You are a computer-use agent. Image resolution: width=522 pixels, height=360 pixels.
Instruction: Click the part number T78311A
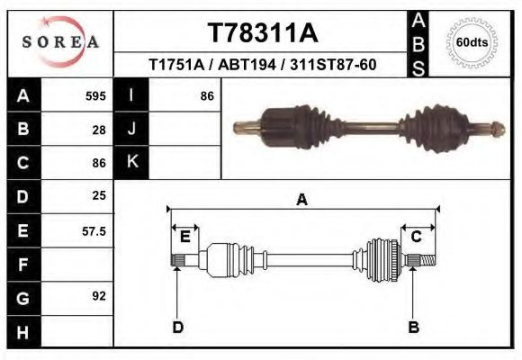(x=262, y=33)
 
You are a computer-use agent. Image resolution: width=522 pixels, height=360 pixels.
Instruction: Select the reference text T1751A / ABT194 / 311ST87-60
(x=262, y=66)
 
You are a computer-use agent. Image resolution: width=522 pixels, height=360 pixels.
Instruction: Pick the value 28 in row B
(x=99, y=129)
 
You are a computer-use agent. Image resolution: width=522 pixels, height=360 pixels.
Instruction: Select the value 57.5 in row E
(x=94, y=230)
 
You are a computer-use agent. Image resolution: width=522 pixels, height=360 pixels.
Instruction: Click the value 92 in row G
(x=99, y=296)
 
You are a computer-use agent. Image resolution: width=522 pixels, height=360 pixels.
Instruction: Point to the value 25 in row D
(x=99, y=195)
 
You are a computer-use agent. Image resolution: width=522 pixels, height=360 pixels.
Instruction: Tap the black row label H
(x=22, y=331)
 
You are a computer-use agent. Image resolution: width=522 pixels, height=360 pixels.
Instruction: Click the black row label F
(x=22, y=265)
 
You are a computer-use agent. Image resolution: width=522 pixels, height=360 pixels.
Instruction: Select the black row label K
(x=131, y=162)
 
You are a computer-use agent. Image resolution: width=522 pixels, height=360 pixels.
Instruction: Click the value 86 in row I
(x=207, y=95)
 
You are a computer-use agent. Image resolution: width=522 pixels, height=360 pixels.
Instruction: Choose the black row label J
(x=131, y=129)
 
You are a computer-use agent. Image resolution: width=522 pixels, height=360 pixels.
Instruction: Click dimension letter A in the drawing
(x=301, y=200)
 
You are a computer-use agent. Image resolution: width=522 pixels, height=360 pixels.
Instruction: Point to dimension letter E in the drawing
(x=184, y=237)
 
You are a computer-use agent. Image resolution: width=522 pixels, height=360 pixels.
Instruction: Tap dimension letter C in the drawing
(x=417, y=237)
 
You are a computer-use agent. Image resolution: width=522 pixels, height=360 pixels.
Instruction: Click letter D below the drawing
(x=177, y=327)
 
